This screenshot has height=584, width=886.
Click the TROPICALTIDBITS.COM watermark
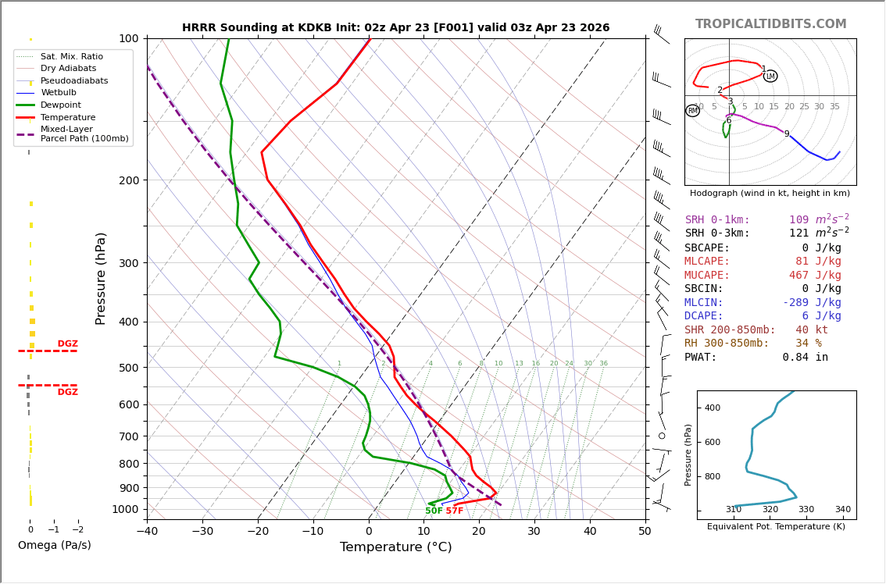tap(770, 24)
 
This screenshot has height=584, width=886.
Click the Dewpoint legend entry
tap(60, 105)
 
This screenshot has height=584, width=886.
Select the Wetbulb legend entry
tap(59, 93)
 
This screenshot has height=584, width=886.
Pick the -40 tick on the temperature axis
tap(147, 532)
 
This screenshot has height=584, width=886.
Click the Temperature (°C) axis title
tap(395, 547)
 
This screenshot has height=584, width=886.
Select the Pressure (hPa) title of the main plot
tap(101, 278)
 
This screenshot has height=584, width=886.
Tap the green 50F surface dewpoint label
tap(434, 511)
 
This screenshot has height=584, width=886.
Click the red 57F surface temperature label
tap(455, 511)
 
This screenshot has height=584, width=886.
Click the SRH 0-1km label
tap(717, 220)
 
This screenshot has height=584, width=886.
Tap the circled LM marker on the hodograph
tap(770, 76)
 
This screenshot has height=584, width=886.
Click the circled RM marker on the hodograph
tap(692, 111)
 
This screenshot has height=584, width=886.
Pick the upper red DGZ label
tap(68, 344)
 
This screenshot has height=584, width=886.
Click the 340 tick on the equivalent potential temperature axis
tap(842, 510)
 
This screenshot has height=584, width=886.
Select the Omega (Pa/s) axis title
tap(55, 546)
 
